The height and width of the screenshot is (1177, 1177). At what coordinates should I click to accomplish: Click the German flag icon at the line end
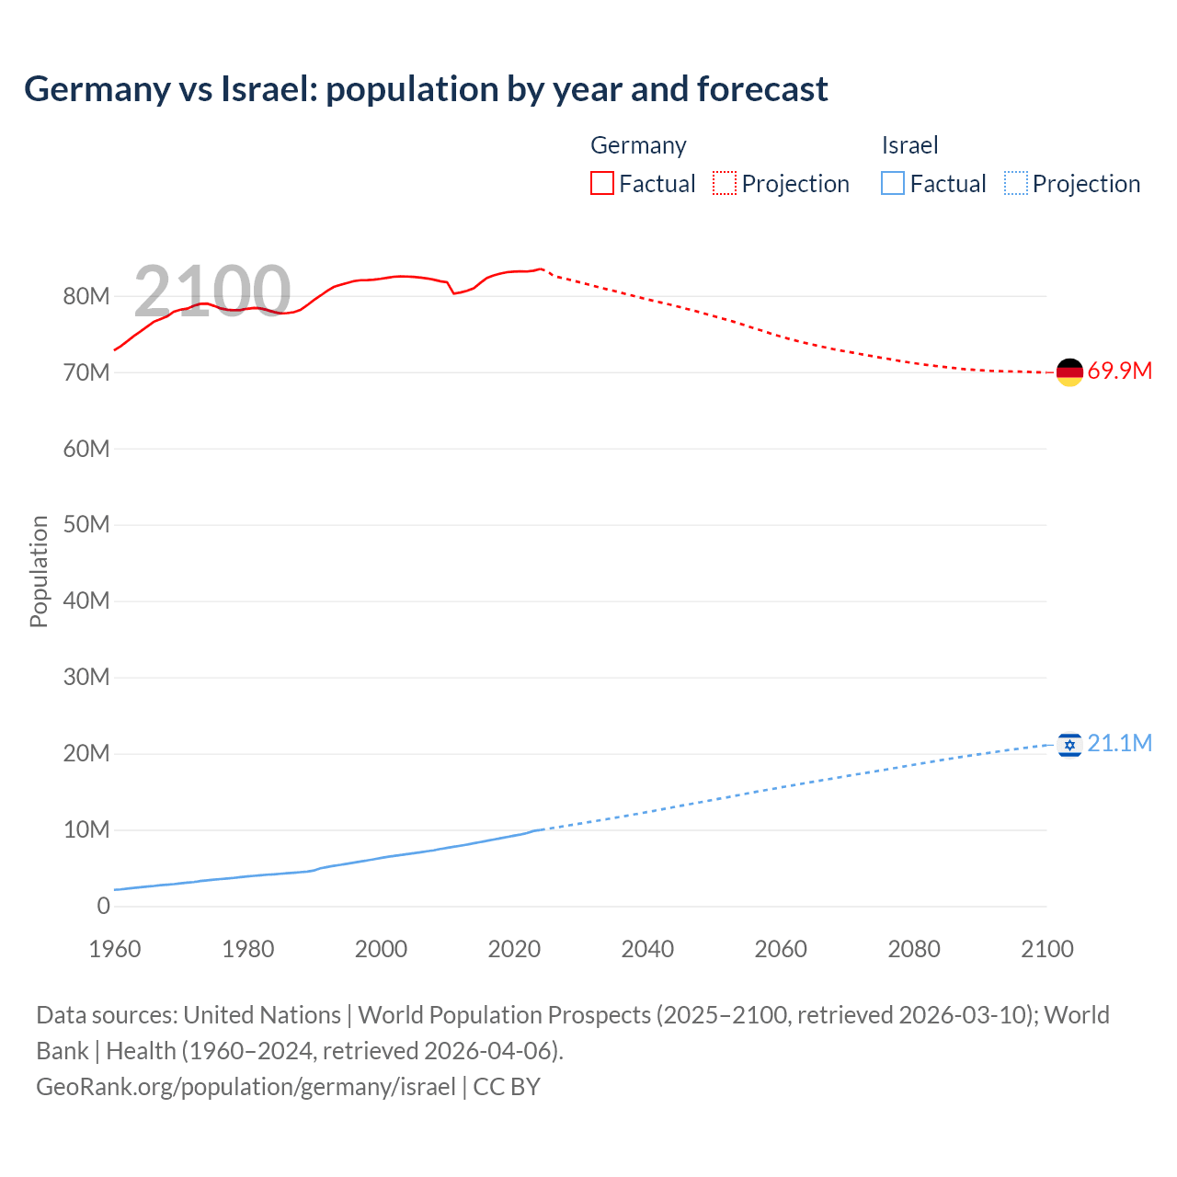coord(1069,372)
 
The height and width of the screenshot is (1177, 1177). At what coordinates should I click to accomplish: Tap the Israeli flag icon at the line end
coord(1069,744)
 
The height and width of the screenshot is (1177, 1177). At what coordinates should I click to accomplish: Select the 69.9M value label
coord(1119,371)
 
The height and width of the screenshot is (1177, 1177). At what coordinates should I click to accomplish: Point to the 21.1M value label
coord(1119,743)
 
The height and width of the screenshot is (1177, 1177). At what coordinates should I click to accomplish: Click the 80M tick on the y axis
coord(86,296)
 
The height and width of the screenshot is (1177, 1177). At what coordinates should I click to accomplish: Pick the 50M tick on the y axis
coord(86,524)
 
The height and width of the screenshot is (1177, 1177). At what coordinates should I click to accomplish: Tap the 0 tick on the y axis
coord(103,906)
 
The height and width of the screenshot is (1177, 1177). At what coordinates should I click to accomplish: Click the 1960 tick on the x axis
coord(115,949)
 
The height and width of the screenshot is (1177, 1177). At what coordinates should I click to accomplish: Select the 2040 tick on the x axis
coord(647,949)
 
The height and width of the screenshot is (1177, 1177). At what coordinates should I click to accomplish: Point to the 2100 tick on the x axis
coord(1046,949)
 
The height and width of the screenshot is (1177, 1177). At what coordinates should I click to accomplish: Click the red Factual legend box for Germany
coord(601,184)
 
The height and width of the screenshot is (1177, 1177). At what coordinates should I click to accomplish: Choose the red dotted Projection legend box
coord(725,184)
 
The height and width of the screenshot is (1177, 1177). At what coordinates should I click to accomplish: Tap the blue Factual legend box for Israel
coord(893,184)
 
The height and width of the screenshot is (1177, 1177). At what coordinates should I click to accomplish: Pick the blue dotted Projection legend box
coord(1015,184)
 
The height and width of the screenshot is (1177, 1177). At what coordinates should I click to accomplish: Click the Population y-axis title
coord(39,571)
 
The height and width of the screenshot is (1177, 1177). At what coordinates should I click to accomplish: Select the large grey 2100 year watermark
coord(212,291)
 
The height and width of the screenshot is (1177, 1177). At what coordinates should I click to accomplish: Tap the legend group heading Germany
coord(638,145)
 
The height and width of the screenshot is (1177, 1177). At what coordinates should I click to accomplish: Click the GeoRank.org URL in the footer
coord(246,1087)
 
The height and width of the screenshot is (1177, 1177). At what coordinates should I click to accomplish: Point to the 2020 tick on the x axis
coord(514,949)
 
